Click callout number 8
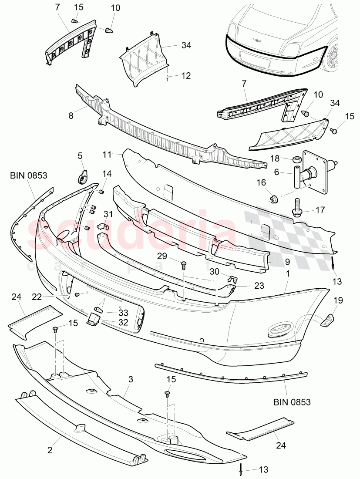pyautogui.click(x=71, y=116)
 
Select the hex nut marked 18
pyautogui.click(x=295, y=160)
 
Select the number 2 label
pyautogui.click(x=50, y=450)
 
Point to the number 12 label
pyautogui.click(x=186, y=76)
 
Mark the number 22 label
pyautogui.click(x=37, y=296)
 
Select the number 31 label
pyautogui.click(x=108, y=214)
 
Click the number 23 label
pyautogui.click(x=247, y=286)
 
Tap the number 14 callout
pyautogui.click(x=107, y=174)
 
